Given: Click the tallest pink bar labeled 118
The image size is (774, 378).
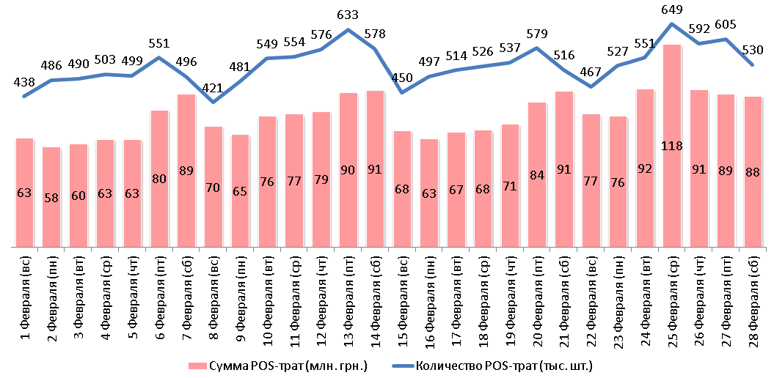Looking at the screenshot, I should (x=672, y=147).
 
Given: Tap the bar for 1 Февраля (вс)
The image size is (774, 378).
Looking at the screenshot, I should (x=24, y=192).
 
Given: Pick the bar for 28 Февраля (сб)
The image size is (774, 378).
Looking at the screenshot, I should (x=753, y=171).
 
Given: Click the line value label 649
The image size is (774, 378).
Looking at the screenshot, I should (x=672, y=10).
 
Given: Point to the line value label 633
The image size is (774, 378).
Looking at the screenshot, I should (x=348, y=15).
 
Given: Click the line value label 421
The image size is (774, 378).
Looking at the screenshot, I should (x=213, y=88).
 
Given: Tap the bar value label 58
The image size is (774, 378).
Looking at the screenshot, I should (x=51, y=199).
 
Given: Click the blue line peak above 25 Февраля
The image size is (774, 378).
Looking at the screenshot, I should (x=672, y=24).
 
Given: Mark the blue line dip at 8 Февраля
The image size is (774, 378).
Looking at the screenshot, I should (x=213, y=102).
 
